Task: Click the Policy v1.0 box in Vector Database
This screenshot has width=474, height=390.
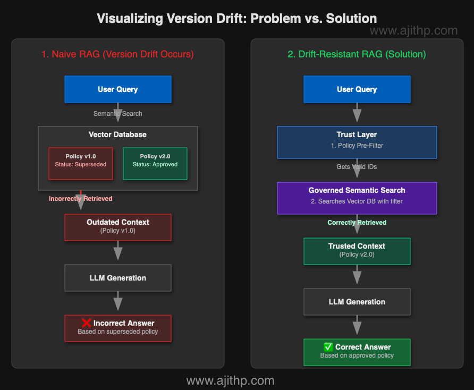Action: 81,160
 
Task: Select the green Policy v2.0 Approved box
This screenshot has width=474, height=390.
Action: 155,160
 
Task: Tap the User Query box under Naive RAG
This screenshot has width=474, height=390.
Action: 118,89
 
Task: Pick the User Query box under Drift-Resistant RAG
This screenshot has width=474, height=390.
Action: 357,89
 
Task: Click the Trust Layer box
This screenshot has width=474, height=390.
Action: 357,142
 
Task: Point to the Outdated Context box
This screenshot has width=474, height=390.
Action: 118,227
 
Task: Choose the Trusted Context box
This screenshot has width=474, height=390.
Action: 357,251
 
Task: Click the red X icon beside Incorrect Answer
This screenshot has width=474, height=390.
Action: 86,323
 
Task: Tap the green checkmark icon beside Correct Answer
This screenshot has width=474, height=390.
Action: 328,347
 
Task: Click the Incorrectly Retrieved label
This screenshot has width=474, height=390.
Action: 81,199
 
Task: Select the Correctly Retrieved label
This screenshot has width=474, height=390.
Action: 357,223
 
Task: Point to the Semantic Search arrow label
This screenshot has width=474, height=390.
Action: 118,113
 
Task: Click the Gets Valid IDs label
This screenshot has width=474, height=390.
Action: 357,167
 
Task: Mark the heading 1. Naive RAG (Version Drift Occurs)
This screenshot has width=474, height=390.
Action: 118,54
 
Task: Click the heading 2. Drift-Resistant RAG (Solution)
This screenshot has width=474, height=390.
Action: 357,54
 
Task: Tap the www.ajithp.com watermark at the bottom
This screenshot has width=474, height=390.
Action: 230,380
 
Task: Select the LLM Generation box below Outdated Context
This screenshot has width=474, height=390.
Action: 118,278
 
